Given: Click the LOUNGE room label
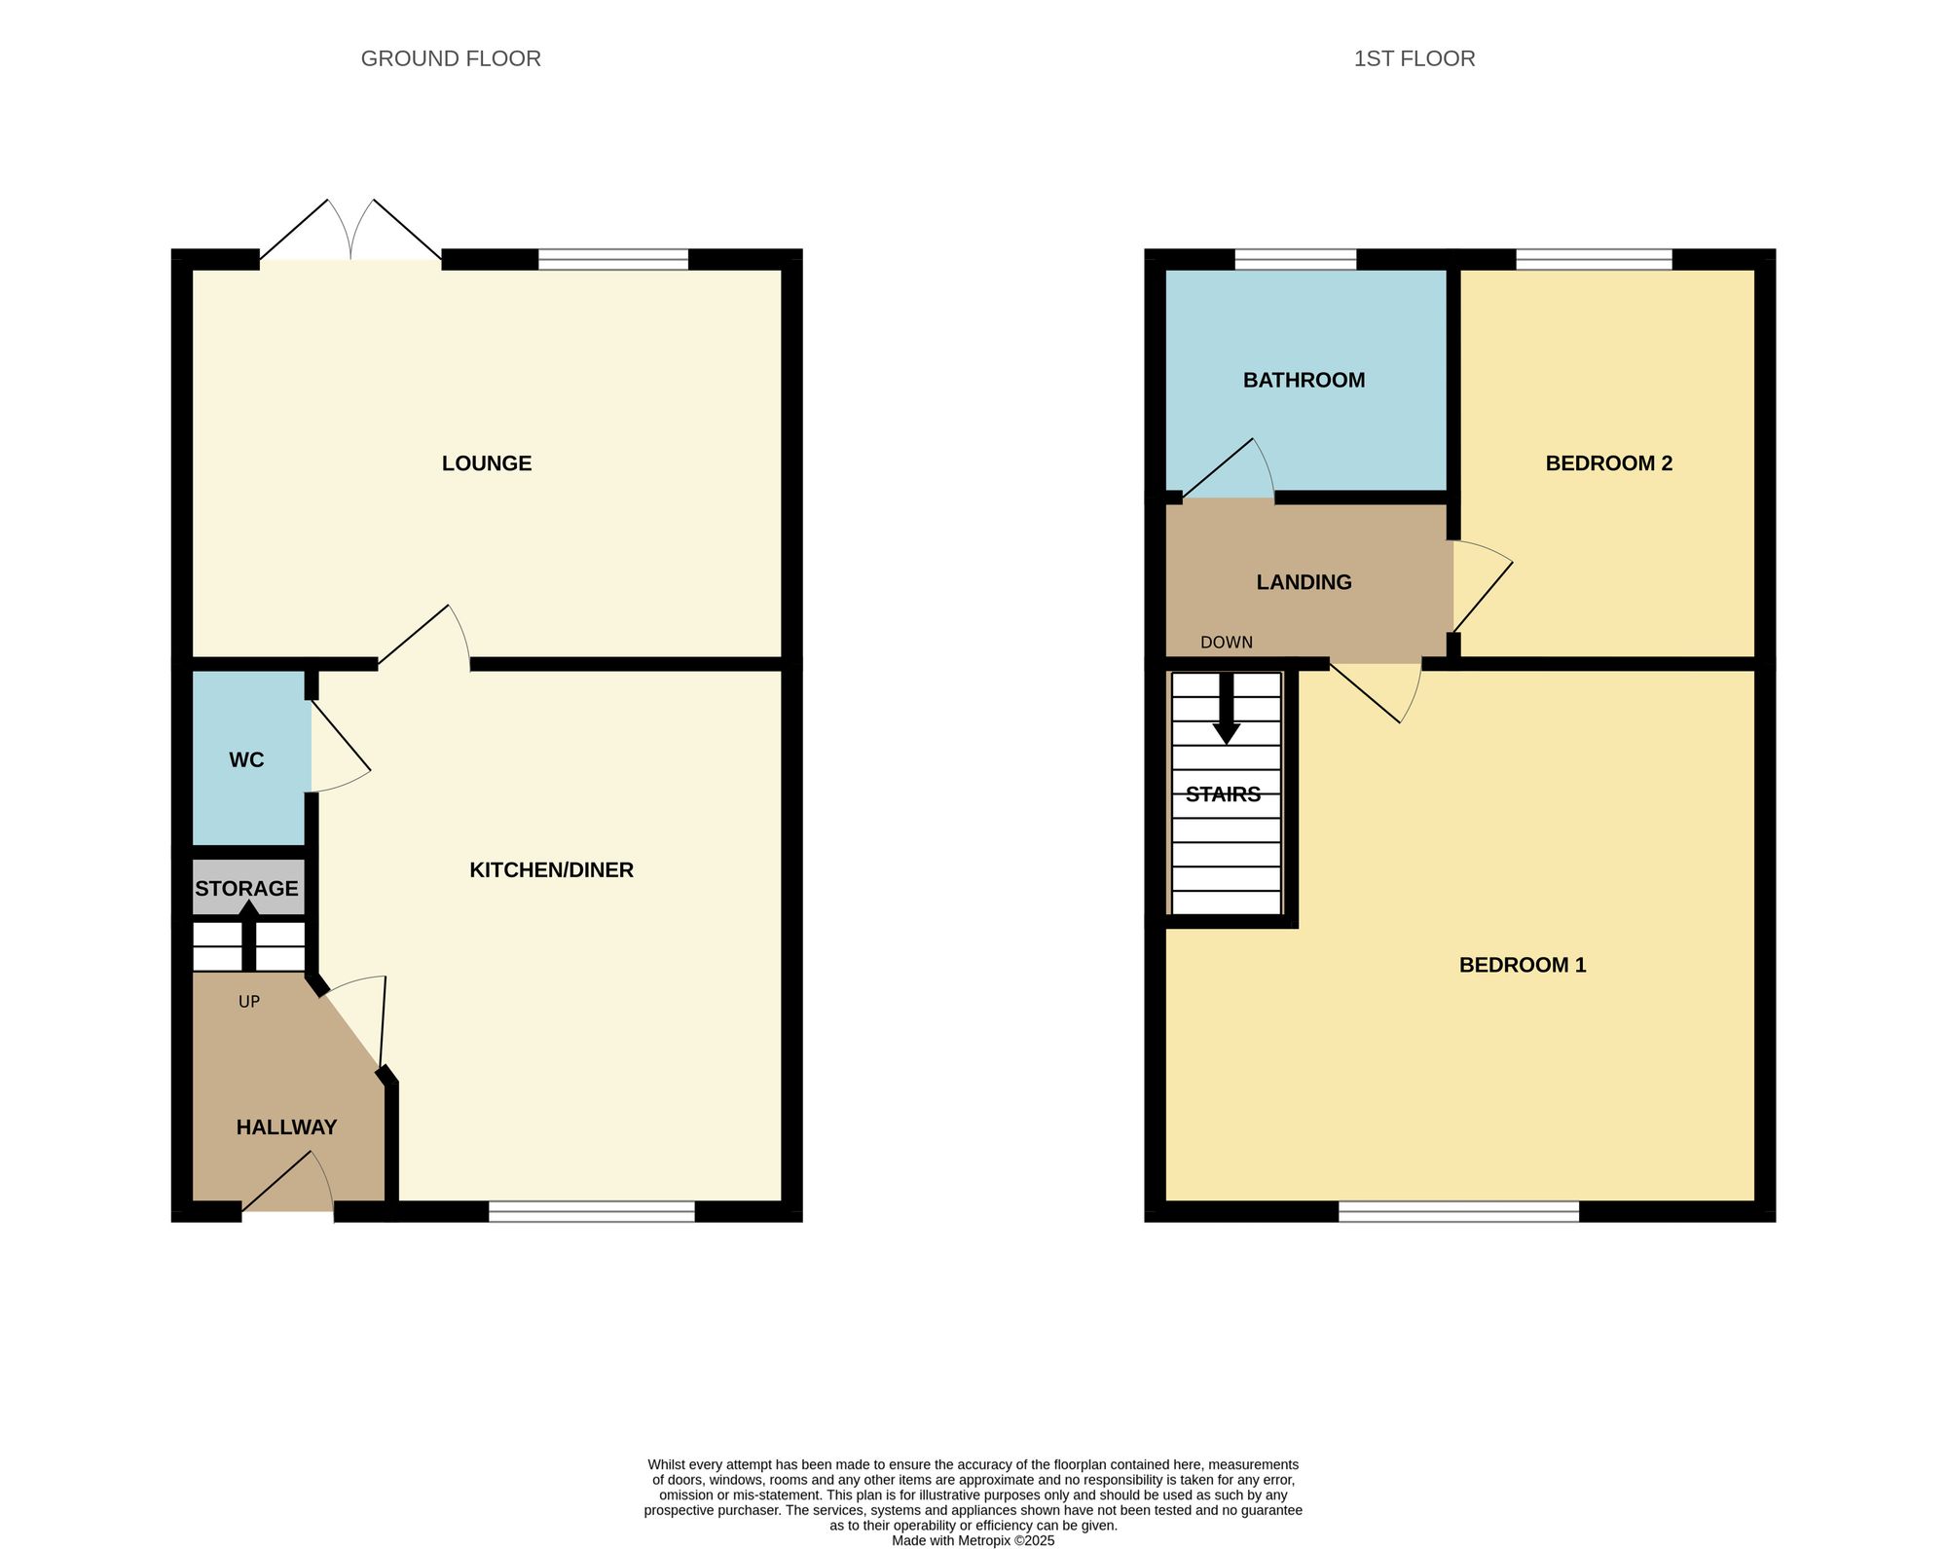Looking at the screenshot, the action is [487, 463].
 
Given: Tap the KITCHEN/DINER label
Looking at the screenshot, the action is [551, 870].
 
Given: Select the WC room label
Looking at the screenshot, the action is [246, 760].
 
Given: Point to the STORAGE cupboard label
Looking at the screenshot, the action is [246, 889].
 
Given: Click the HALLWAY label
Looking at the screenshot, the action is [286, 1127].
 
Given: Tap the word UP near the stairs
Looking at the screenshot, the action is [249, 1002].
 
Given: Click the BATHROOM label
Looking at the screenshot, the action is [1304, 381].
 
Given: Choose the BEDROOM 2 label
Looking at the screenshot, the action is [1608, 463].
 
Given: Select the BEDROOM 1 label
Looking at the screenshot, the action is [1523, 965].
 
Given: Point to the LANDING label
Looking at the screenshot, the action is [1304, 582].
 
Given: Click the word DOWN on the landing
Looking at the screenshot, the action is [1227, 643].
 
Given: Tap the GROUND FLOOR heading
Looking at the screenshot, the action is [451, 58].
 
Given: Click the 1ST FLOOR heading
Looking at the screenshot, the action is [1414, 58].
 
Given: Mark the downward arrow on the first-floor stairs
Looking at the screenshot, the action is [1227, 709].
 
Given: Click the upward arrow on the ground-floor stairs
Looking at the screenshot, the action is [249, 935].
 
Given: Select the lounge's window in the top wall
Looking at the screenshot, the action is [613, 259].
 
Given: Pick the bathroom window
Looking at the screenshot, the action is [1296, 259].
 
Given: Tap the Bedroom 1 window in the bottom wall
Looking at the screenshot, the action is [1458, 1211].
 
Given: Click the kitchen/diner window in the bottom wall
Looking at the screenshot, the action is [592, 1211].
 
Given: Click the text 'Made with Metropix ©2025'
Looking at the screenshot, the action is [973, 1541].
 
